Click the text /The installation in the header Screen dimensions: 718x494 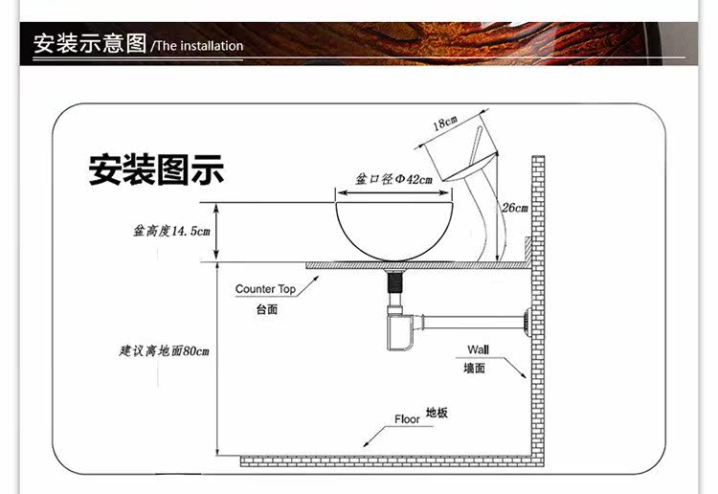(198, 46)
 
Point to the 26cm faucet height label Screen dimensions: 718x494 (514, 207)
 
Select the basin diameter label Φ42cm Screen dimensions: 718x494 (394, 179)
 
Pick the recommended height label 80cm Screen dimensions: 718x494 (159, 351)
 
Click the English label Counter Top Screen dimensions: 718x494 (265, 289)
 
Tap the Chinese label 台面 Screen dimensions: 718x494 (266, 310)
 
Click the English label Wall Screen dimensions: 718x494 (477, 348)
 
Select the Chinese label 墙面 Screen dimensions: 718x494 (476, 368)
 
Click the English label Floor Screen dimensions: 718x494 (407, 419)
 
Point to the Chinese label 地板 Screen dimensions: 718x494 (437, 413)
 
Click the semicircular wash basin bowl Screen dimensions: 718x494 (393, 228)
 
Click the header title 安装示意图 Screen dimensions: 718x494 (90, 44)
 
